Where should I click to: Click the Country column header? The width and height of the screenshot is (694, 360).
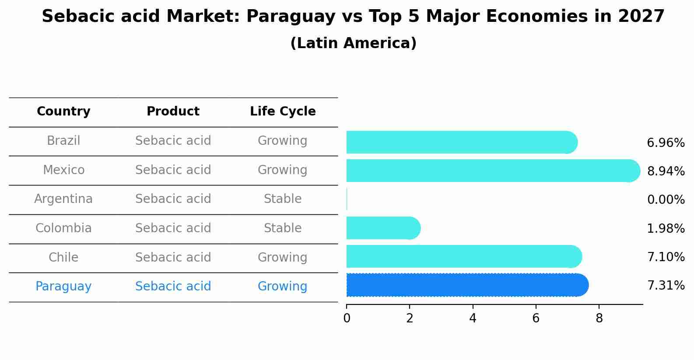click(x=63, y=112)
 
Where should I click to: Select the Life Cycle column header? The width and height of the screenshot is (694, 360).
click(x=283, y=112)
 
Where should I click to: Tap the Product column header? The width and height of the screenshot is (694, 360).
click(x=173, y=112)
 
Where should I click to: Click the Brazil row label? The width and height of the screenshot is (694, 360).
click(x=63, y=141)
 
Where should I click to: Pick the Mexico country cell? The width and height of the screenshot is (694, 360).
click(x=63, y=170)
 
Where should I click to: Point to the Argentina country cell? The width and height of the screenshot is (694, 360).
click(x=63, y=199)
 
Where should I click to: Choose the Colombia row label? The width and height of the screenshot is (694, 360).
click(x=63, y=228)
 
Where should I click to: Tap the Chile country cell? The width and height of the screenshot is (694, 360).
click(x=63, y=257)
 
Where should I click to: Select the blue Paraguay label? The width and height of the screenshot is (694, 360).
click(x=63, y=287)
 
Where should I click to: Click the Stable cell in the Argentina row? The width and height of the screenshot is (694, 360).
click(x=283, y=199)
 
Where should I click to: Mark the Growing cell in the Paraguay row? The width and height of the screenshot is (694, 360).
click(x=283, y=287)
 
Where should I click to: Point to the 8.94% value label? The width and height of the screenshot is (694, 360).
click(x=666, y=171)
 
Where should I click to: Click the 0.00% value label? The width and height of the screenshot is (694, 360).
click(x=666, y=200)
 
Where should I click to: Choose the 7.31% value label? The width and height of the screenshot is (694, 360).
click(x=666, y=286)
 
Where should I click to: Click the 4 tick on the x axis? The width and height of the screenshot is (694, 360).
click(x=473, y=318)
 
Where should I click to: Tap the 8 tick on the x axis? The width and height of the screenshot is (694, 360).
click(x=599, y=318)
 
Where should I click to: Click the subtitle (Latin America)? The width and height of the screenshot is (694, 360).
click(x=353, y=43)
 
